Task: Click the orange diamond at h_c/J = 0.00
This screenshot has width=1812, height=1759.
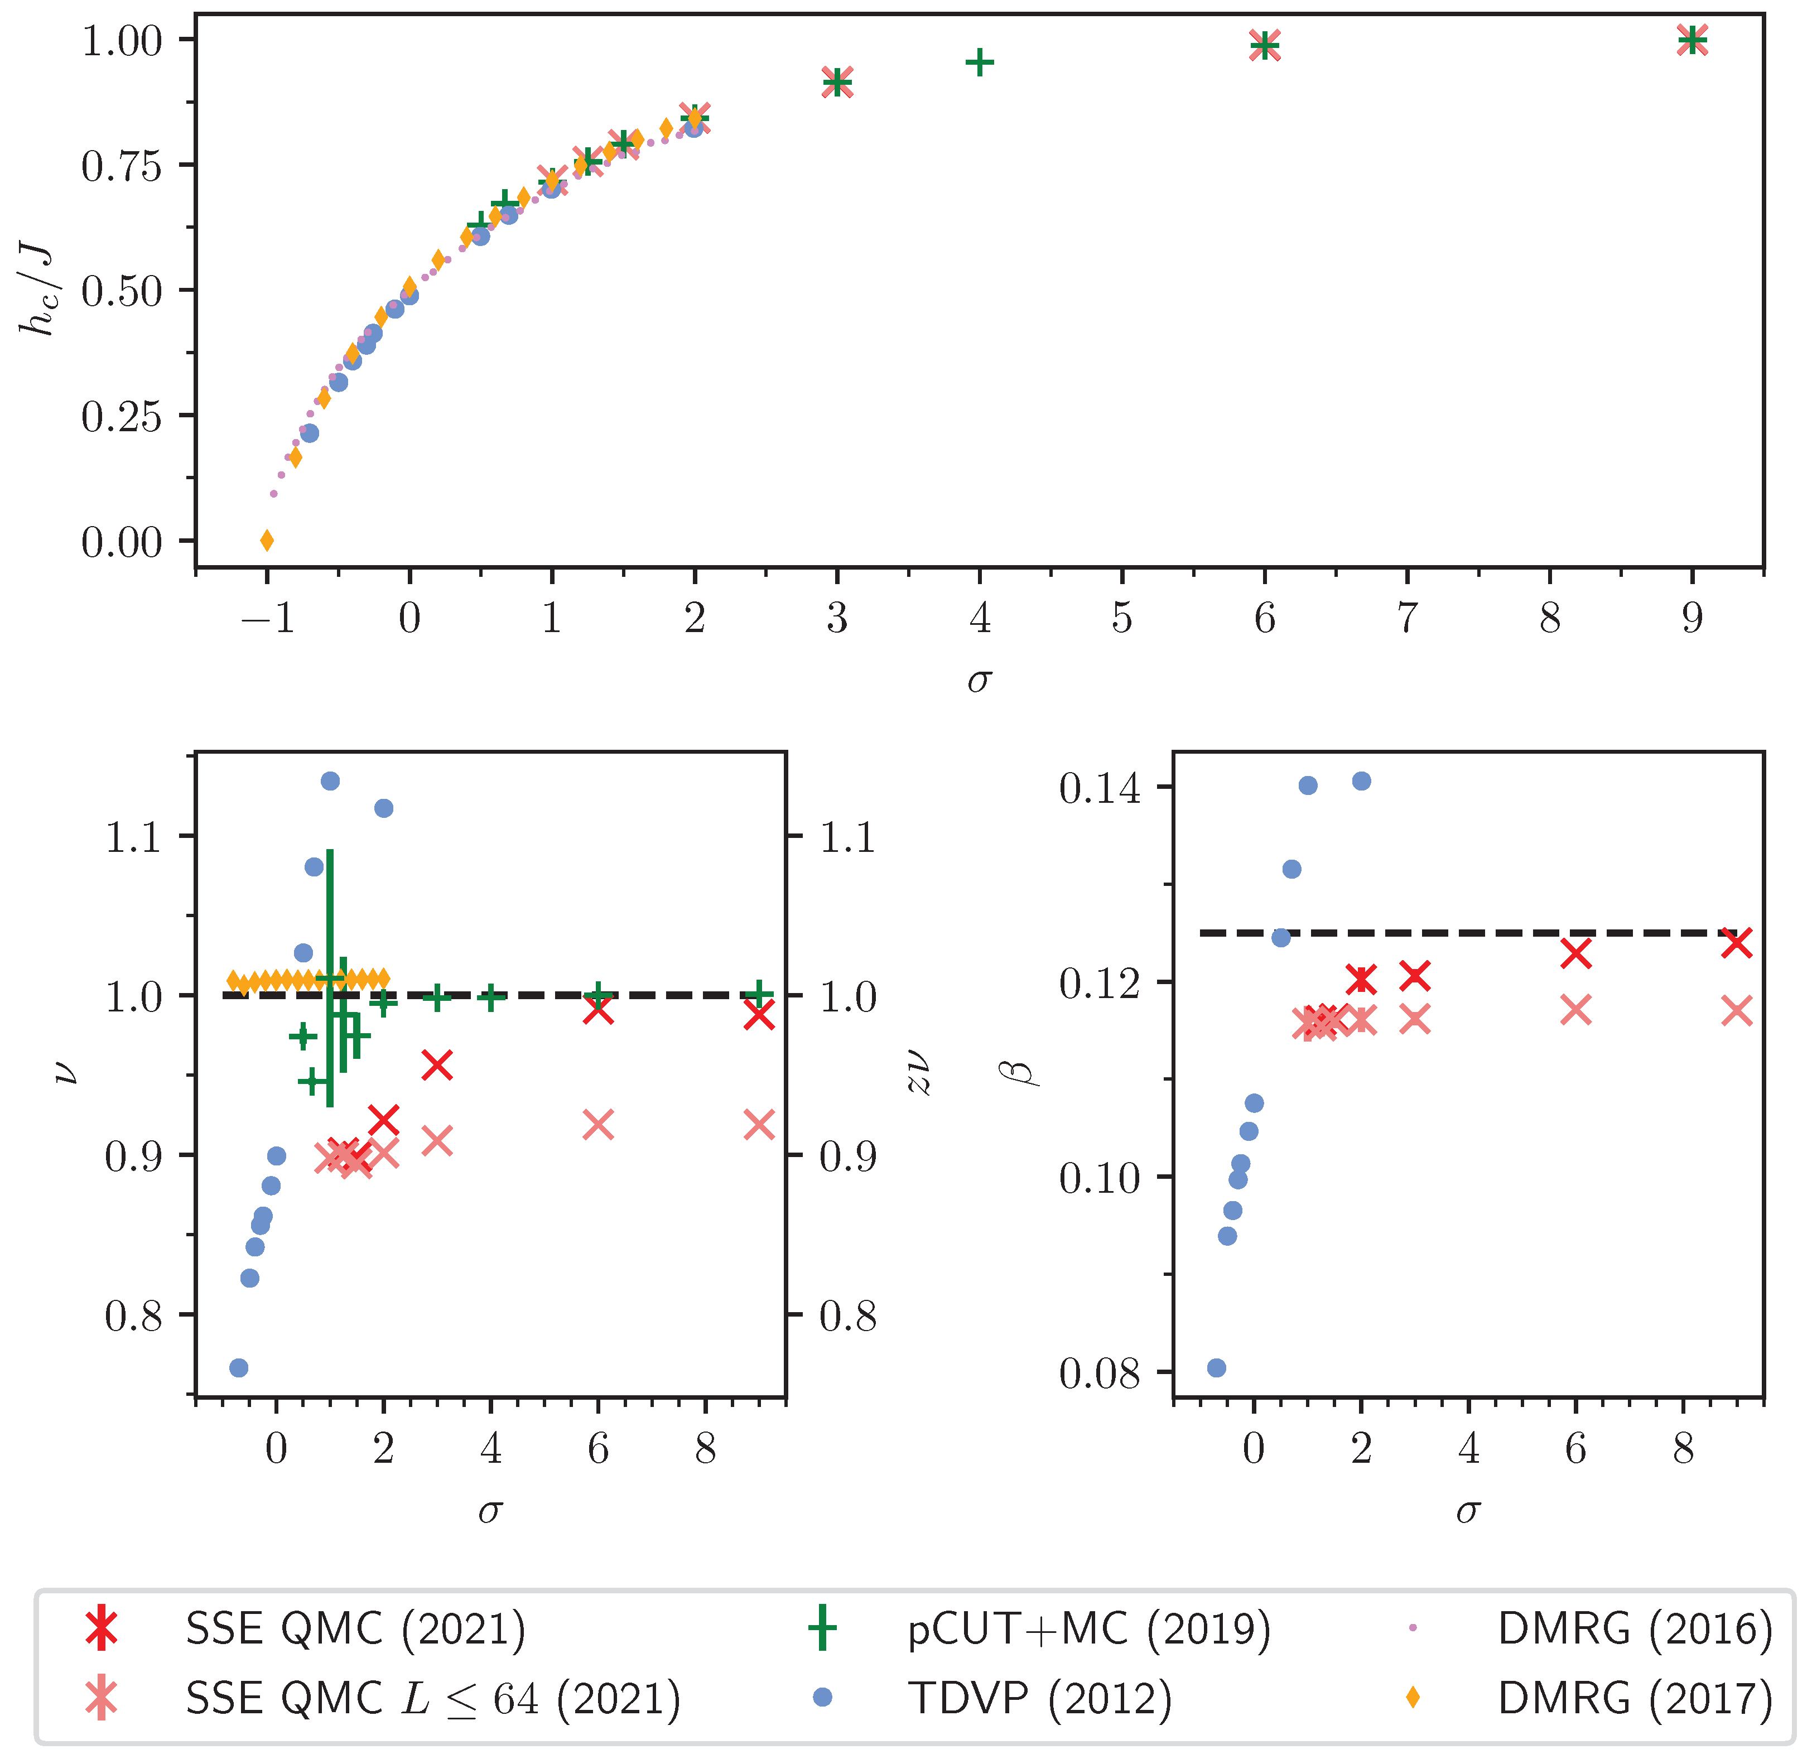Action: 267,541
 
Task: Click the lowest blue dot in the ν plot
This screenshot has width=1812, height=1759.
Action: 239,1368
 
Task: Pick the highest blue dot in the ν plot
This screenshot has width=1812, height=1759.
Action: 330,781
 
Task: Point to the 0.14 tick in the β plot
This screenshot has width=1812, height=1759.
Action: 1100,788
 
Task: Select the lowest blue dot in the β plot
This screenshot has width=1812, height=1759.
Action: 1217,1368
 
